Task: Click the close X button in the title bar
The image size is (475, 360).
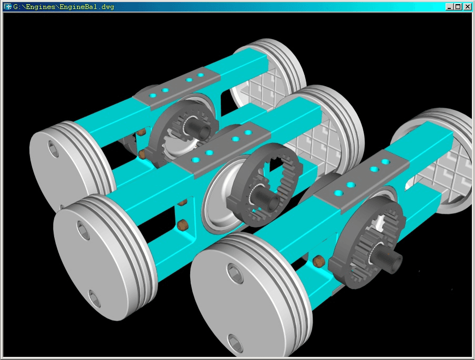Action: (468, 7)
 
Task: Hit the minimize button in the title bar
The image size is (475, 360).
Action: (450, 7)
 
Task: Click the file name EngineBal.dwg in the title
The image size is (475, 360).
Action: (87, 7)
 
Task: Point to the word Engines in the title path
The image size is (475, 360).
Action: (41, 7)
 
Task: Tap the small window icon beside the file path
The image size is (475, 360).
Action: (7, 7)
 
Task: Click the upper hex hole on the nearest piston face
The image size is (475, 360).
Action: (235, 273)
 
